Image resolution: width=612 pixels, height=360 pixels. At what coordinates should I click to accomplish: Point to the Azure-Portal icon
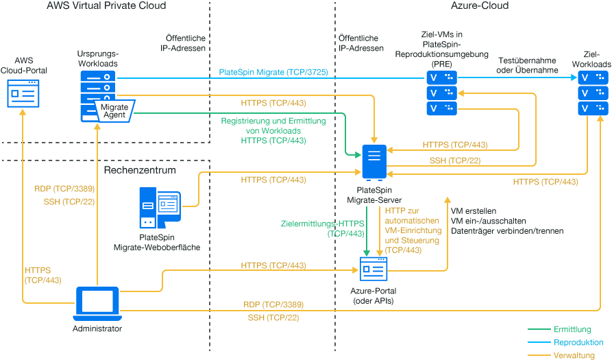374,268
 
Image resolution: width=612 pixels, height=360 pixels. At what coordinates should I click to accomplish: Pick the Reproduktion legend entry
578,341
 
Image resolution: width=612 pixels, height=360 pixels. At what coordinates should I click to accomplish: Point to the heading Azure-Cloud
480,6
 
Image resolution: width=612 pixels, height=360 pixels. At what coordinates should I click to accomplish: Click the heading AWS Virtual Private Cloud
106,6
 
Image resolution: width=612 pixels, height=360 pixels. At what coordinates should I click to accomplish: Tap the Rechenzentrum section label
140,169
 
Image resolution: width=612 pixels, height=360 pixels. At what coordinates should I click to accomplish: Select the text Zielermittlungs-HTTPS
322,224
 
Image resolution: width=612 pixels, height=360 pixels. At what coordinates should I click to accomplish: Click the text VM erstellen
474,211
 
